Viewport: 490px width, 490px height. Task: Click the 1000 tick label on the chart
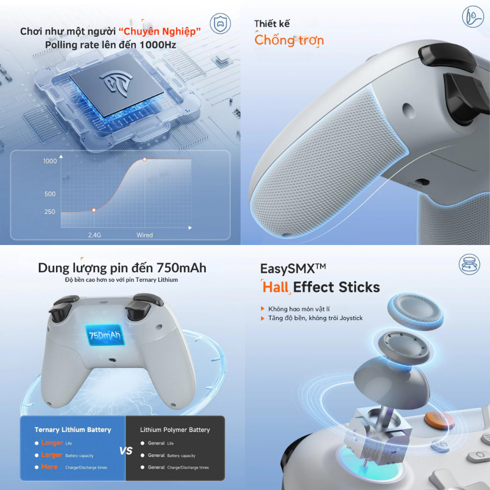(50, 161)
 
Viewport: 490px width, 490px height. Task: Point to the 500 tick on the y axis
(50, 194)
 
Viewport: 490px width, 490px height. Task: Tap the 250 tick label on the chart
(50, 212)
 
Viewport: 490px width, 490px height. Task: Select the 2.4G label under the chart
(94, 235)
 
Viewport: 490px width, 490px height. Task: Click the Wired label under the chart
(145, 235)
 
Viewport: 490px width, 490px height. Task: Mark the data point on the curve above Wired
(145, 159)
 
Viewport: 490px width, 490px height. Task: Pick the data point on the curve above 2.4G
(94, 210)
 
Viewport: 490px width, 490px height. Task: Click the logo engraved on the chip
(116, 83)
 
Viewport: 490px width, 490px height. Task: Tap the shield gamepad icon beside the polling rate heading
(220, 23)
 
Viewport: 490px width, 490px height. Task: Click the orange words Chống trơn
(289, 40)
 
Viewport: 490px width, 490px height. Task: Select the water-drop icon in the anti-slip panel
(473, 17)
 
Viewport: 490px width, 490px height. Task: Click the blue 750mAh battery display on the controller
(105, 335)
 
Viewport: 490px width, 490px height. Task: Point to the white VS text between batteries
(126, 451)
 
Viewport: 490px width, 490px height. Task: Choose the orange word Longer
(52, 443)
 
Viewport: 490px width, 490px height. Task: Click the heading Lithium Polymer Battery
(175, 430)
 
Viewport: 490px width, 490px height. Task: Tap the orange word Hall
(275, 287)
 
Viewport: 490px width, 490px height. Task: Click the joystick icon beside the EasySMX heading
(469, 264)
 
